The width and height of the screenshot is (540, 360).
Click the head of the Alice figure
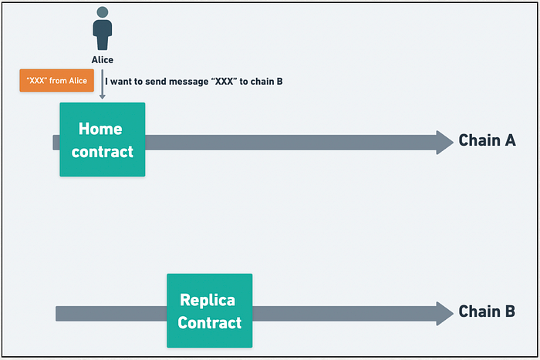pyautogui.click(x=103, y=12)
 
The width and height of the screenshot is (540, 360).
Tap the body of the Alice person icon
pyautogui.click(x=103, y=35)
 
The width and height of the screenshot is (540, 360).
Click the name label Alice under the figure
pyautogui.click(x=103, y=60)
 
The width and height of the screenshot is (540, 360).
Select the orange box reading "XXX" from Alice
pyautogui.click(x=57, y=80)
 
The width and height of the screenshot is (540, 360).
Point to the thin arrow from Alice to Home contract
pyautogui.click(x=103, y=84)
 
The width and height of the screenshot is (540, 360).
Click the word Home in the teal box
pyautogui.click(x=100, y=129)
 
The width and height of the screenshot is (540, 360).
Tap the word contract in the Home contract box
pyautogui.click(x=103, y=152)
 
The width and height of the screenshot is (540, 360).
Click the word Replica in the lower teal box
pyautogui.click(x=208, y=300)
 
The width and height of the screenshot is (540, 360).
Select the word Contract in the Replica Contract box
pyautogui.click(x=210, y=323)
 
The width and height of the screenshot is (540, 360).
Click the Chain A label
pyautogui.click(x=488, y=140)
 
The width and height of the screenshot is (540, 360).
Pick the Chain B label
pyautogui.click(x=487, y=311)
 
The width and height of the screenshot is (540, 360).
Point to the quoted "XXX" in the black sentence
pyautogui.click(x=224, y=81)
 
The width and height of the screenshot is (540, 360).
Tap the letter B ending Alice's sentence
pyautogui.click(x=279, y=82)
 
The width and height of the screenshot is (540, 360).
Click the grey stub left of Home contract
pyautogui.click(x=56, y=143)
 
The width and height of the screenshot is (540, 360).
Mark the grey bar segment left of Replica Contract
pyautogui.click(x=111, y=314)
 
